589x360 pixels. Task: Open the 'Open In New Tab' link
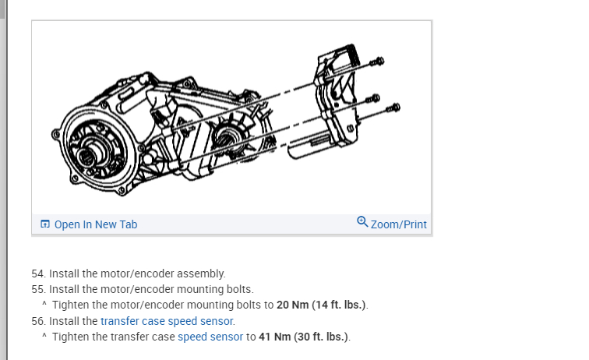95,224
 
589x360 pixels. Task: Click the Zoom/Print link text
398,224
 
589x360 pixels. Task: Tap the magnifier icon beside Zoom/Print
362,222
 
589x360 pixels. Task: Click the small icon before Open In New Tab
45,224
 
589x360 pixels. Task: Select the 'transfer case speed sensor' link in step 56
167,320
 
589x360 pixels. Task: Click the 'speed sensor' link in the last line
210,337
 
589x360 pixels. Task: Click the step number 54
37,274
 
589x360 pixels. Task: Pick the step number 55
37,288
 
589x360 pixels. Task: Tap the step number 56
37,320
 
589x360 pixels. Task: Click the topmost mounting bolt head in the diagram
378,61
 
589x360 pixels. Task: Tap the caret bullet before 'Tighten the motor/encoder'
44,304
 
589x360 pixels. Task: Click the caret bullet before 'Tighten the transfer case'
44,337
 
